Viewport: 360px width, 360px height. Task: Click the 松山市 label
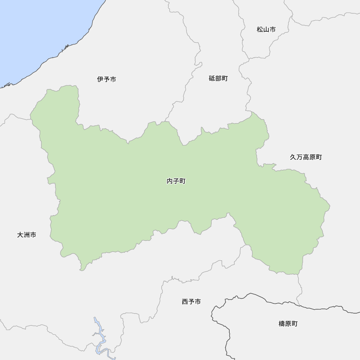coord(266,30)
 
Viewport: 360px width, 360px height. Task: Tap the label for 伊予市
coord(107,79)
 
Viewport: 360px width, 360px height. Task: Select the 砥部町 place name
coord(218,78)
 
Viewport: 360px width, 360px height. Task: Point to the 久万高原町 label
coord(306,157)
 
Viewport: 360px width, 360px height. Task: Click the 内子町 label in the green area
coord(176,181)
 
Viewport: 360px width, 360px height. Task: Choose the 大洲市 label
coord(27,235)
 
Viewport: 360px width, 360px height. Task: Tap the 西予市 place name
coord(191,302)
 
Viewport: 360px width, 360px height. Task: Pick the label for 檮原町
coord(288,324)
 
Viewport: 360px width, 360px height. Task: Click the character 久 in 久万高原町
coord(293,157)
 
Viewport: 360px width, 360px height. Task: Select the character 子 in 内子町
coord(176,181)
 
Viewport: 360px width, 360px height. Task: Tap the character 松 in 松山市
coord(260,30)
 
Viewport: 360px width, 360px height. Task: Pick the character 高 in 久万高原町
coord(306,157)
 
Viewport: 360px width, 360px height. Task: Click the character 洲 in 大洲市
coord(27,235)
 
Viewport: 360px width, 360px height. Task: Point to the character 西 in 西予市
coord(185,302)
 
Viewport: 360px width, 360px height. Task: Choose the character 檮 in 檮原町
coord(282,324)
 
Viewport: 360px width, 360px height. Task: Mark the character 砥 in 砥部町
coord(212,78)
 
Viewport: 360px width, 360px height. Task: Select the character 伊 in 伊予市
coord(100,79)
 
